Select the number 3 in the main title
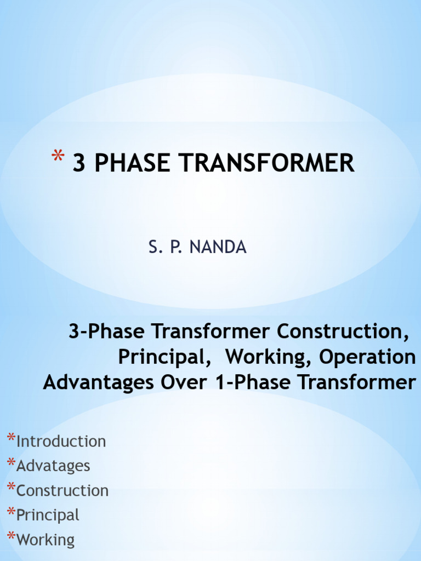79,163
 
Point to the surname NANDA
218,248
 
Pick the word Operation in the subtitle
367,357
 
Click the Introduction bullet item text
61,442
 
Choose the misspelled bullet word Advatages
53,466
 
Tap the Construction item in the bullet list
62,491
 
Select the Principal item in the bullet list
48,516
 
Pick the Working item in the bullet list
45,540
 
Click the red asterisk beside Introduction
11,439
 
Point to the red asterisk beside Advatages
11,463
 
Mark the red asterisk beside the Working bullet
11,537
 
